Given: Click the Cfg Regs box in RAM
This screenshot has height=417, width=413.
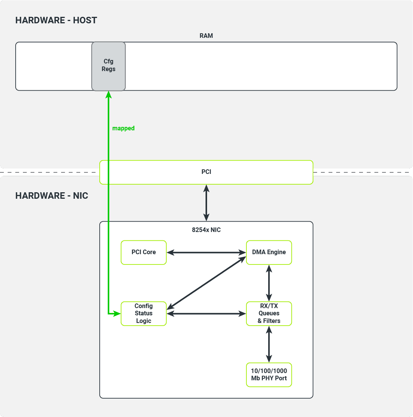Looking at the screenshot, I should pyautogui.click(x=109, y=66).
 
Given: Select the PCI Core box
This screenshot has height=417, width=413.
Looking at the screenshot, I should pyautogui.click(x=144, y=252).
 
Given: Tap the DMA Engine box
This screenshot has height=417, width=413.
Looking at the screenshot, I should pyautogui.click(x=269, y=252).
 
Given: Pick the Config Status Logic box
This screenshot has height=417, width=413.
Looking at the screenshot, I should pyautogui.click(x=144, y=313).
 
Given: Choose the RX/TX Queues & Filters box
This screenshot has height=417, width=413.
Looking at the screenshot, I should pyautogui.click(x=269, y=313).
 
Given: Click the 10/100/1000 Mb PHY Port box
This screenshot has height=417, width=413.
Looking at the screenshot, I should pyautogui.click(x=269, y=375).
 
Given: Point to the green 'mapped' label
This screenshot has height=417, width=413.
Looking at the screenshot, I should pyautogui.click(x=123, y=128).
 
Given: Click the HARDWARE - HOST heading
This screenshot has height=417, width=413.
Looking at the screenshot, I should pyautogui.click(x=56, y=20).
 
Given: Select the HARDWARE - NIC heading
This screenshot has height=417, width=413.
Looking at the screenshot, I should pyautogui.click(x=52, y=196).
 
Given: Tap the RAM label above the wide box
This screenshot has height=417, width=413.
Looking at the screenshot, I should pyautogui.click(x=206, y=36).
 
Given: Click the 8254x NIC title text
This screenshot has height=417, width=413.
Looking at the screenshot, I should pyautogui.click(x=206, y=230).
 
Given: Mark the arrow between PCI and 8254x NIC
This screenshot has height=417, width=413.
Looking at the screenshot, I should pyautogui.click(x=206, y=203).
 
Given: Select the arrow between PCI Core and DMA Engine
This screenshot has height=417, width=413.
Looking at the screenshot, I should pyautogui.click(x=206, y=252).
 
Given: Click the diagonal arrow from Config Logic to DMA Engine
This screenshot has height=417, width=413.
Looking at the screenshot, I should pyautogui.click(x=206, y=283).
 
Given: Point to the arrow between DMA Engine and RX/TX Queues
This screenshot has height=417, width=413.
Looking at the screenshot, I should pyautogui.click(x=269, y=283).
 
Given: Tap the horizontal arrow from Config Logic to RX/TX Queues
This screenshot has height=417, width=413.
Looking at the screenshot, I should pyautogui.click(x=206, y=313).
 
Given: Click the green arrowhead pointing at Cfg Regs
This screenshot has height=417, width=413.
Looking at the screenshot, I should pyautogui.click(x=109, y=94).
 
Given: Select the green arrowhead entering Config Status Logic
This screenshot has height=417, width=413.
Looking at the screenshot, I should pyautogui.click(x=117, y=313).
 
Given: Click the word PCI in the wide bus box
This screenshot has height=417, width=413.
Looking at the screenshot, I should pyautogui.click(x=206, y=172).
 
